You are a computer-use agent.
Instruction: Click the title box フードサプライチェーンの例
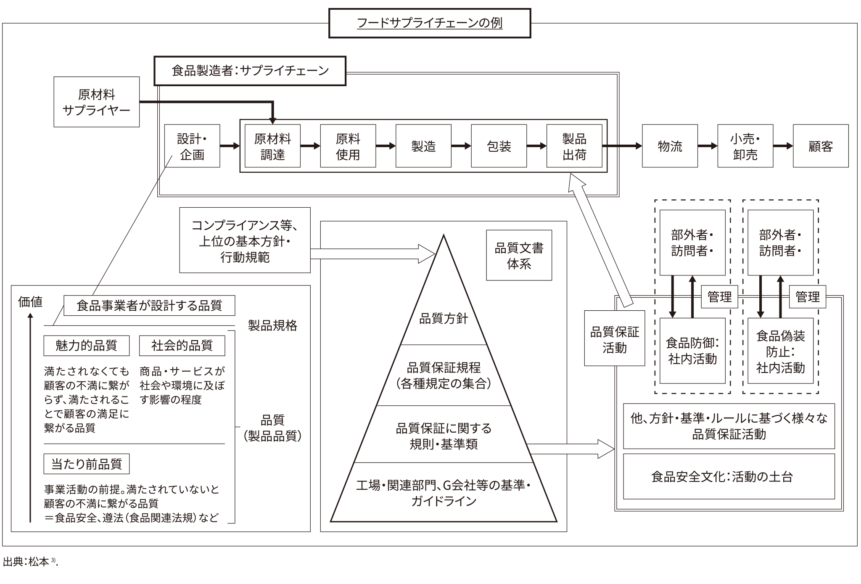tap(429, 23)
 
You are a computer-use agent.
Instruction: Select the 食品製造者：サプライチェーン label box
tap(250, 71)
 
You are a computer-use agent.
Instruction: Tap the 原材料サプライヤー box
tap(96, 102)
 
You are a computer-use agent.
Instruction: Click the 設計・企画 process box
tap(192, 146)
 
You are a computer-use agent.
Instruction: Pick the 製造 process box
tap(423, 146)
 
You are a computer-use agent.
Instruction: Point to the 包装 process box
tap(499, 146)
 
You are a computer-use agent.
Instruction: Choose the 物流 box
tap(670, 146)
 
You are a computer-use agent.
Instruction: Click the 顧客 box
tap(821, 146)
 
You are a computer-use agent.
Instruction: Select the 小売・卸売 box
tap(745, 146)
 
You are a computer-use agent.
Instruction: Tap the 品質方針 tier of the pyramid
tap(444, 318)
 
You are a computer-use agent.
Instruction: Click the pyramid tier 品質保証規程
tap(444, 375)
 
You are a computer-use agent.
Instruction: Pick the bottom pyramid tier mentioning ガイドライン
tap(444, 493)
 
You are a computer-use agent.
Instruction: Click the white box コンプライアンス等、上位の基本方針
tap(245, 240)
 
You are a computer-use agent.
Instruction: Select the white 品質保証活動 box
tap(614, 339)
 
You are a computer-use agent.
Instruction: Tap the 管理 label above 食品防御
tap(719, 297)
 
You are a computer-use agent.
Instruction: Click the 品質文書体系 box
tap(519, 255)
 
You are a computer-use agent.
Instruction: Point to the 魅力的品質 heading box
tap(86, 346)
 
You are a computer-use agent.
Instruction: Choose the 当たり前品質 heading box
tap(86, 464)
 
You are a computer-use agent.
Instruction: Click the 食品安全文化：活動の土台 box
tap(729, 476)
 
